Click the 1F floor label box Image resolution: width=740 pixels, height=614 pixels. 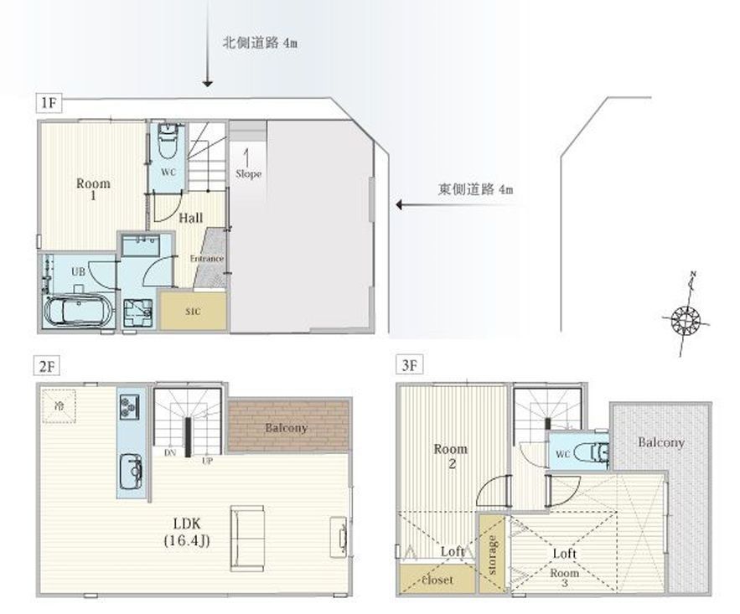pyautogui.click(x=47, y=103)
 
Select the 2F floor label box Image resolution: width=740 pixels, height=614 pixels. pyautogui.click(x=47, y=366)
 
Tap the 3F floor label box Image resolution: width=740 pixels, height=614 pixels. pyautogui.click(x=408, y=366)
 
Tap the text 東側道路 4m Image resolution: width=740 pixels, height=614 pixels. pyautogui.click(x=475, y=189)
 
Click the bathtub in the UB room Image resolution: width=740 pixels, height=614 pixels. pyautogui.click(x=77, y=312)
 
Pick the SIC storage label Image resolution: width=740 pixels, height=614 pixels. pyautogui.click(x=193, y=311)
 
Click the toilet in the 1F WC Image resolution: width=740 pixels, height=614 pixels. pyautogui.click(x=169, y=140)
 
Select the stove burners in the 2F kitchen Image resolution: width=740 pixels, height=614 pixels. pyautogui.click(x=130, y=408)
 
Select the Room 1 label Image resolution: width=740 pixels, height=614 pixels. pyautogui.click(x=92, y=189)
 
